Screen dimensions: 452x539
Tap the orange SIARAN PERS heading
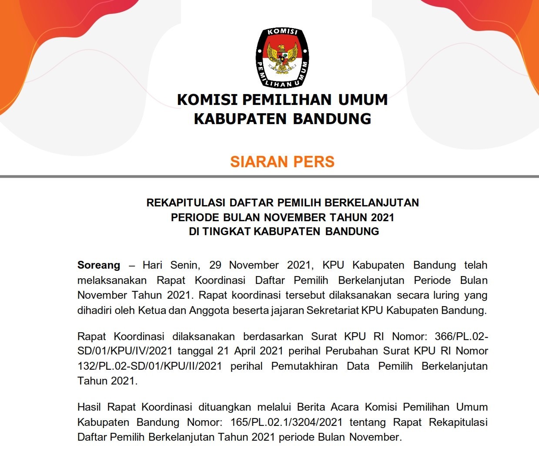[282, 162]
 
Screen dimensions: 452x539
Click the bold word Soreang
[99, 265]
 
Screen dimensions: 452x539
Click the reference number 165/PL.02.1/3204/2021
[285, 422]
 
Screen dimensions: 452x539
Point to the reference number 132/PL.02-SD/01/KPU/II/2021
[150, 366]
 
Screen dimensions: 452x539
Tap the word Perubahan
[352, 351]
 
